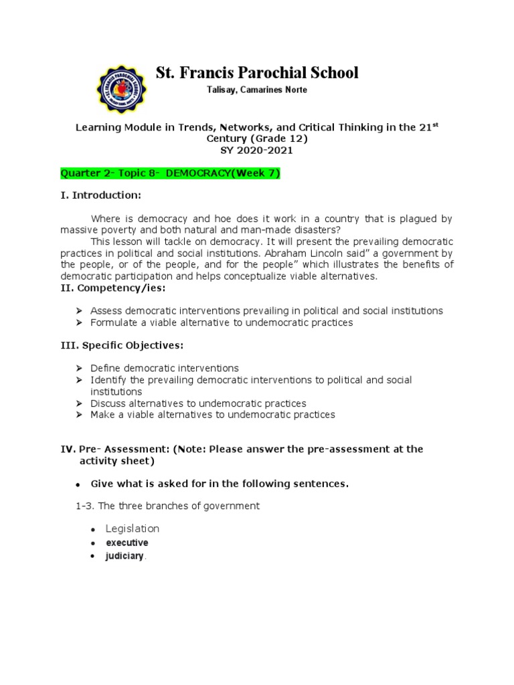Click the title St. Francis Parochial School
pos(257,73)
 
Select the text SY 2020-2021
pos(257,151)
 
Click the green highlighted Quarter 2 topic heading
pos(170,173)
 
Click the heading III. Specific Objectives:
pos(122,345)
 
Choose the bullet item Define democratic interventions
pos(165,368)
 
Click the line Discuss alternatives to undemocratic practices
pos(198,403)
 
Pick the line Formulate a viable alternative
pos(222,322)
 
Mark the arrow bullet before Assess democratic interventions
pos(79,311)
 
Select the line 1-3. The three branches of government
pos(167,506)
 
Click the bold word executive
pos(126,543)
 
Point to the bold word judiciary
pos(124,556)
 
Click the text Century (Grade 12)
pos(257,138)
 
